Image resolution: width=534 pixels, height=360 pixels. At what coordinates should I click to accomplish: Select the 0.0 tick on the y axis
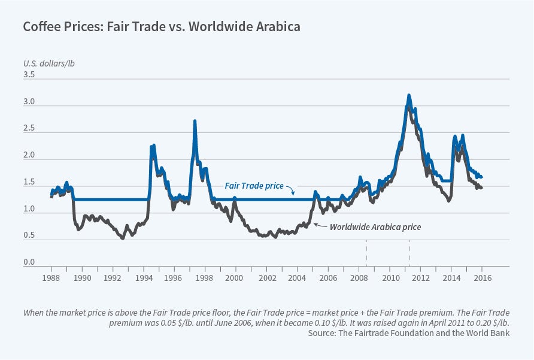coord(29,262)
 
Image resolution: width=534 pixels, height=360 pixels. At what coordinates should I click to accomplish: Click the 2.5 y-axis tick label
coord(29,129)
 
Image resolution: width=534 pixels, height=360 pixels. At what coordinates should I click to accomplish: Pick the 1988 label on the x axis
coord(51,279)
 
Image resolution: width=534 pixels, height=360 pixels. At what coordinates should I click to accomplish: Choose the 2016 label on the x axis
coord(482,279)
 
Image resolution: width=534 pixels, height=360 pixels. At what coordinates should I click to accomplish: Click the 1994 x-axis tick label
coord(144,279)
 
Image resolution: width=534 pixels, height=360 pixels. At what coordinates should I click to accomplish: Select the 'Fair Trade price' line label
coord(254,186)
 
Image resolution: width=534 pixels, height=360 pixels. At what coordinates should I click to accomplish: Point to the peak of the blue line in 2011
coord(409,95)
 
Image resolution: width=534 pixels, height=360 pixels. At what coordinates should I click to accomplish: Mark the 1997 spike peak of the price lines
coord(195,121)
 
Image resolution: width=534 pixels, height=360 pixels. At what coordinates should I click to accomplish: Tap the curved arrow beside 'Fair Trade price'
coord(292,191)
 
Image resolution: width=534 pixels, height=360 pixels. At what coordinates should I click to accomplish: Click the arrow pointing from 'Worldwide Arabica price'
coord(320,226)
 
